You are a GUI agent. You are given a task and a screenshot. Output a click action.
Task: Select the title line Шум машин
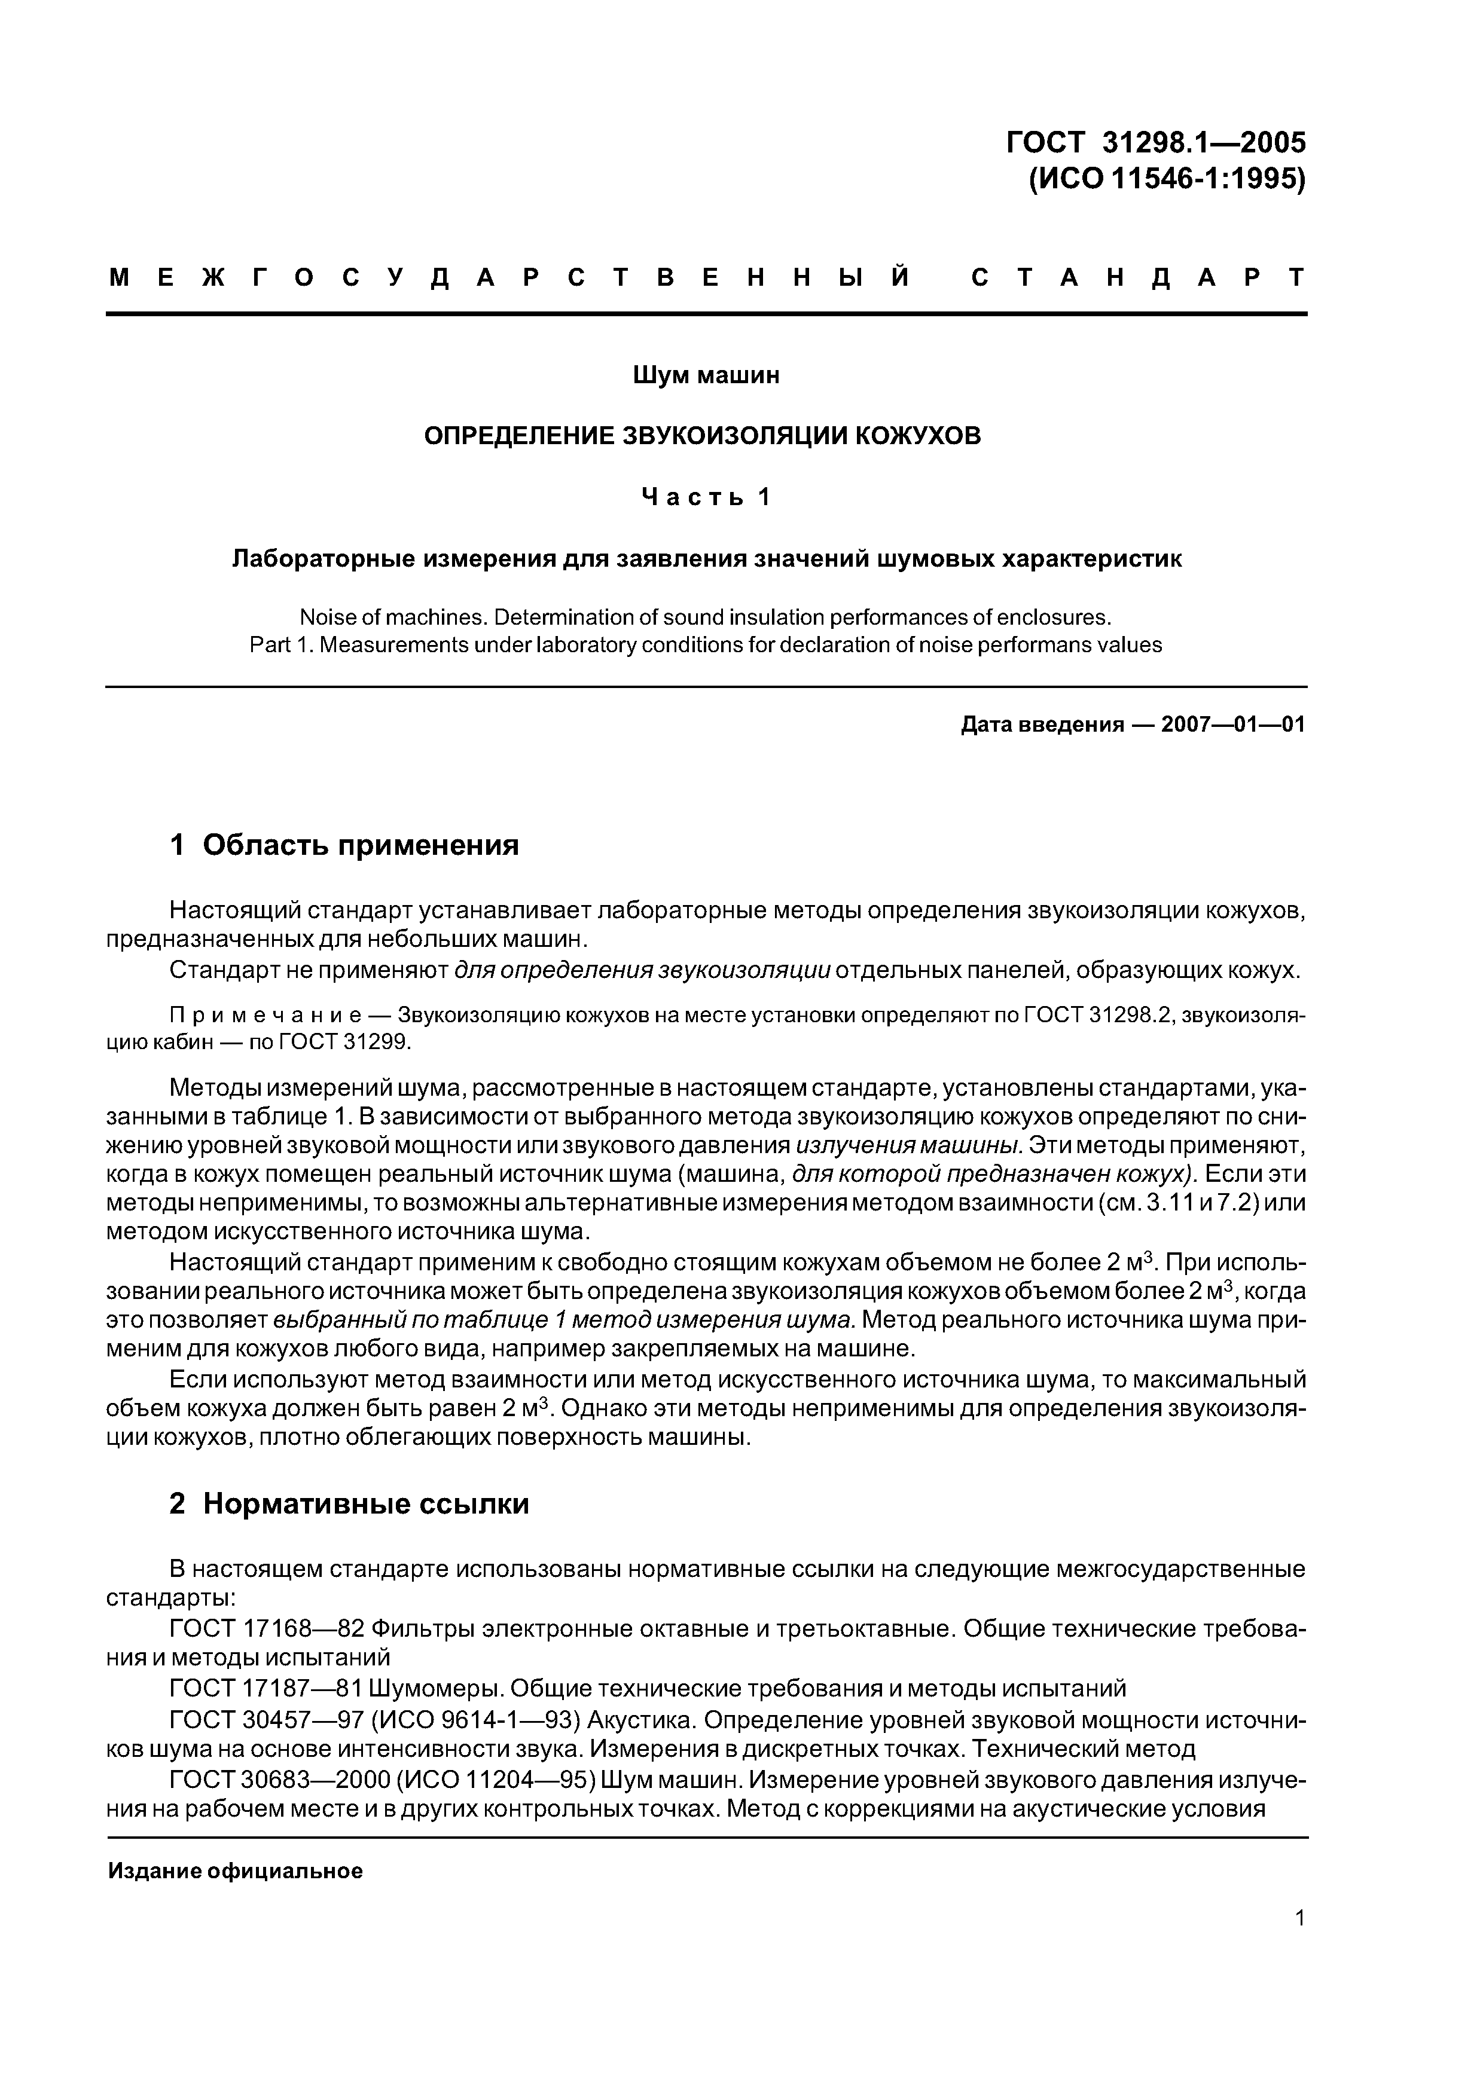tap(706, 375)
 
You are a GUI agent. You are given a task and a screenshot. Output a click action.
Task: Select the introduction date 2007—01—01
tap(1232, 725)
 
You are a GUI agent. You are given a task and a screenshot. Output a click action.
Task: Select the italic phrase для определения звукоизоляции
tap(642, 970)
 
